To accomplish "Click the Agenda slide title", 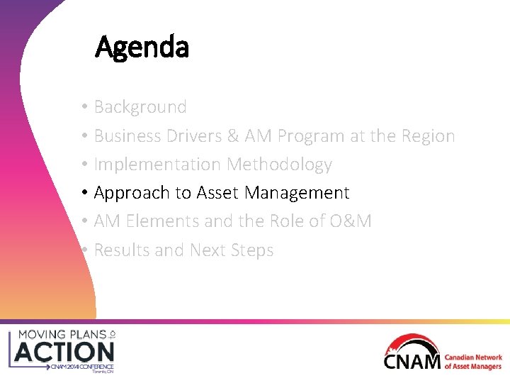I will (x=142, y=48).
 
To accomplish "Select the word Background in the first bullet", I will (x=140, y=107).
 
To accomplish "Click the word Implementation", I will (x=157, y=165).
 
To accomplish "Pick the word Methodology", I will (x=279, y=165).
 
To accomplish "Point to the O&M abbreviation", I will (x=349, y=221).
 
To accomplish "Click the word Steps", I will (x=251, y=250).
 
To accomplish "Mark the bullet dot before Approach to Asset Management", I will (x=84, y=193).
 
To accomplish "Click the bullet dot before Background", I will (x=84, y=107).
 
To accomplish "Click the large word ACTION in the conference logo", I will (x=64, y=351).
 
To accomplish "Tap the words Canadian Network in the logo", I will (x=473, y=358).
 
